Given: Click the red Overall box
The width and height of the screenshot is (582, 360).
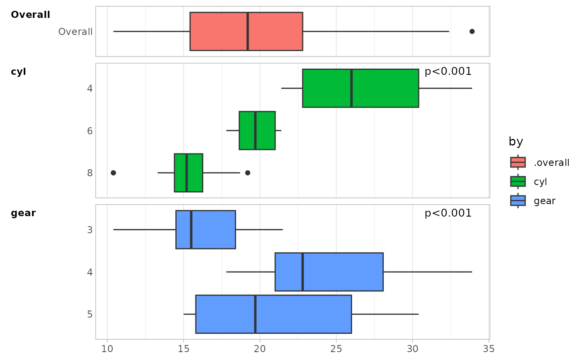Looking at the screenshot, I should [246, 32].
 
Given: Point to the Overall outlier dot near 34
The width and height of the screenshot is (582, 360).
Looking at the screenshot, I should [472, 32].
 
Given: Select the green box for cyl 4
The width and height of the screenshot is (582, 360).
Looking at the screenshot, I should [360, 88].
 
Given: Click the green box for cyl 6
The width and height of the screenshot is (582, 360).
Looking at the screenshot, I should [257, 131].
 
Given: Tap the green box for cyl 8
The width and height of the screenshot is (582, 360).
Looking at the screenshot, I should [188, 173].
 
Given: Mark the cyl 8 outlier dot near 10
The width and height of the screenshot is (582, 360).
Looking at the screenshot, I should [113, 173].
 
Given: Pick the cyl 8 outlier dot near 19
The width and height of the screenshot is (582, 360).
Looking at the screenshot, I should [248, 173].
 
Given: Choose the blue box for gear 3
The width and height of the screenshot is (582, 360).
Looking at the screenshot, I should [206, 229].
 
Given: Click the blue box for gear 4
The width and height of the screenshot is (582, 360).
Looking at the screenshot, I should [329, 272].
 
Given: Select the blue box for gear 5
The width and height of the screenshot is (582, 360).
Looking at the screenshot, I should [274, 314].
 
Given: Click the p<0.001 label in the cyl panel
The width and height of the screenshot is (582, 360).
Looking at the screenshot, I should [448, 72].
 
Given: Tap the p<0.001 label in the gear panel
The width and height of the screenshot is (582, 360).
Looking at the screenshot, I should [448, 213].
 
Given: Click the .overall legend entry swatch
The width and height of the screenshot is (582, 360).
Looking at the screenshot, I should [518, 162].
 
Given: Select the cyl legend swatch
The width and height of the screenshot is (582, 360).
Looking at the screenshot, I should [518, 182].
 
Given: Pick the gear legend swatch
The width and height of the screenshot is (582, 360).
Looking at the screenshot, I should [518, 201].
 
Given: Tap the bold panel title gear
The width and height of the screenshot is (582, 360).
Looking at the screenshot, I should [23, 213].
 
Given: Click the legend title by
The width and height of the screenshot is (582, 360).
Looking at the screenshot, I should [516, 142].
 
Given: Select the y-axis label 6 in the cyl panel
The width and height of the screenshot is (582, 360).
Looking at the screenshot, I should [90, 131].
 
